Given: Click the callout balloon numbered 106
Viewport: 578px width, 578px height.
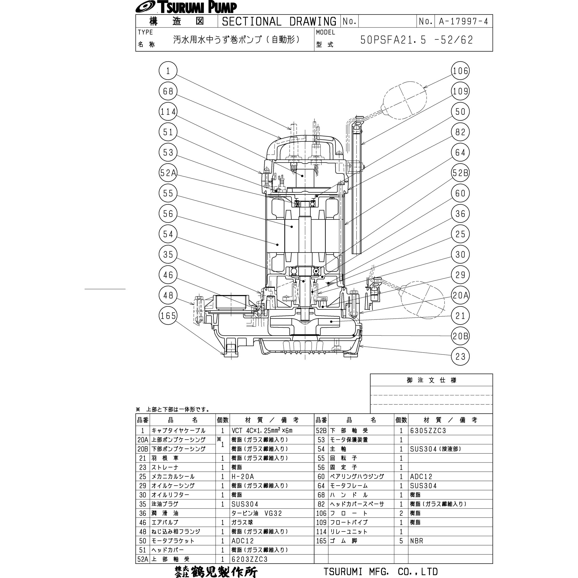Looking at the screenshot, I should pyautogui.click(x=460, y=71).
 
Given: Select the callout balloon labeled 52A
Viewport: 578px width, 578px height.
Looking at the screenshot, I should pyautogui.click(x=168, y=173).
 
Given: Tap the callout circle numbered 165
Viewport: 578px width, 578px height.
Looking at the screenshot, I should pyautogui.click(x=168, y=316).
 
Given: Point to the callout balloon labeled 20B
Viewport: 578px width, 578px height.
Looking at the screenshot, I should pyautogui.click(x=460, y=336).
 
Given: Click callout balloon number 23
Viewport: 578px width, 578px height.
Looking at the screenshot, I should pyautogui.click(x=460, y=356).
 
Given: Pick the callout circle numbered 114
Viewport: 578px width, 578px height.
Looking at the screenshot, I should pyautogui.click(x=168, y=112).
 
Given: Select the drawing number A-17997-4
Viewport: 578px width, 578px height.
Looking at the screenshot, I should pyautogui.click(x=463, y=21).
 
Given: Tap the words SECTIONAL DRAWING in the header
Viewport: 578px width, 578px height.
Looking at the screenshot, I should pyautogui.click(x=279, y=21).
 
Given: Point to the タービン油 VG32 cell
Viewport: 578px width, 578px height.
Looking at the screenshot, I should pyautogui.click(x=256, y=513).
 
